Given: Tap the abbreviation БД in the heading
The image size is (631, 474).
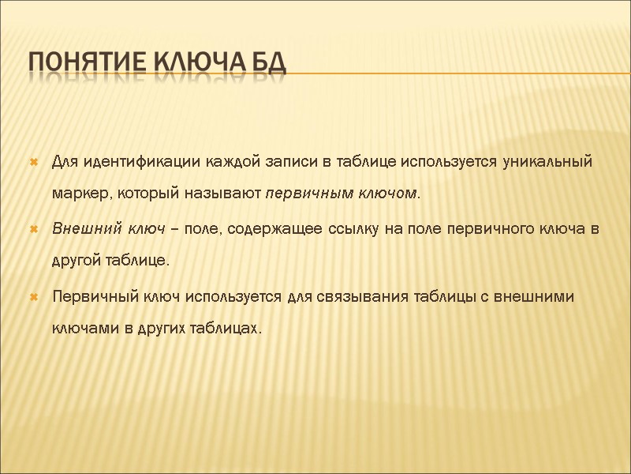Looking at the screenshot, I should (266, 61).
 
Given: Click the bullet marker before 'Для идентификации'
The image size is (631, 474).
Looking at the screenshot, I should (34, 164).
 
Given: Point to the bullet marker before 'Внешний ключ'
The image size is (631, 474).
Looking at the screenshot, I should (34, 230).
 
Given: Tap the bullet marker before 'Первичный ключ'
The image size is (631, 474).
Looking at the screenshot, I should (34, 297).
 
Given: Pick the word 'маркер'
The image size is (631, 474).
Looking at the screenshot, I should (77, 194).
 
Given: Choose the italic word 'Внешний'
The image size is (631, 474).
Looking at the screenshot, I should (78, 229).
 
